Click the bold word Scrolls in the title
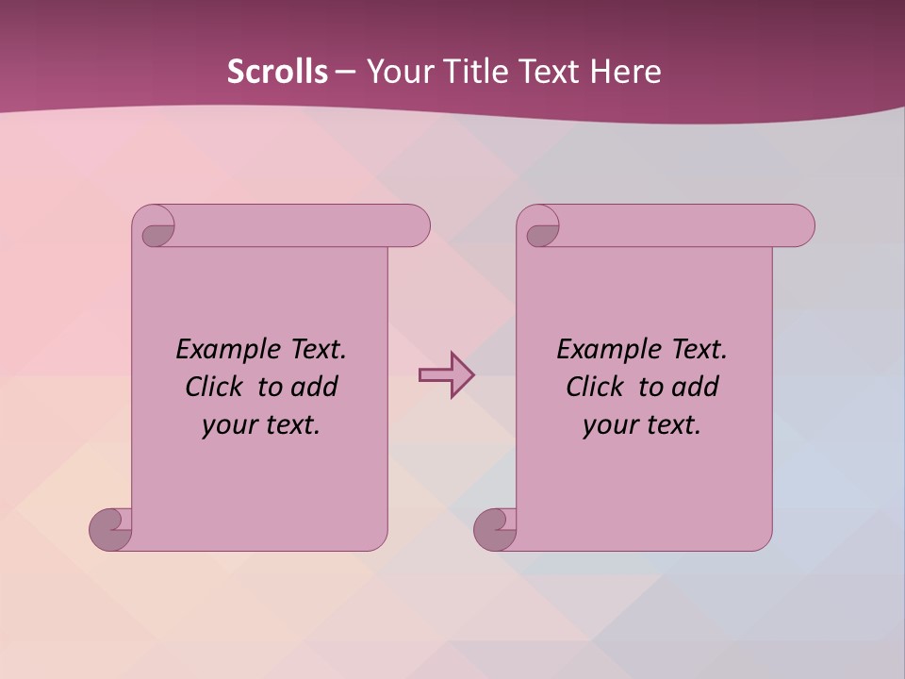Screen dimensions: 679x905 point(277,72)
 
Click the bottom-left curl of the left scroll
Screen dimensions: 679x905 point(109,529)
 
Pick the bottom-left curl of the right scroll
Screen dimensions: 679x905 point(494,529)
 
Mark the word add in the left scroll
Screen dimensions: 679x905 point(314,387)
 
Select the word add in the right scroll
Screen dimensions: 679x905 point(695,387)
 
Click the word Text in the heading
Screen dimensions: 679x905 point(551,72)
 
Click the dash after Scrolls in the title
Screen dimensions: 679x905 point(346,72)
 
